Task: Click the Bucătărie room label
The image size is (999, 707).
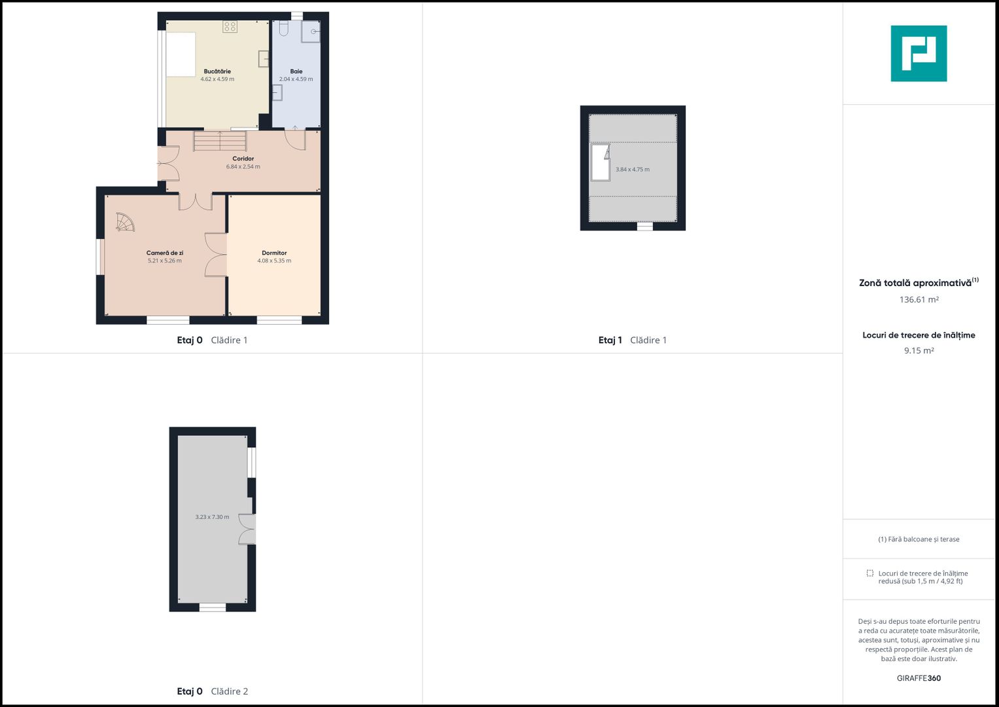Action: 217,71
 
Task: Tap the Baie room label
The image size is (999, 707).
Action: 296,71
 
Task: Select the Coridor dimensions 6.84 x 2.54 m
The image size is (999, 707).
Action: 243,166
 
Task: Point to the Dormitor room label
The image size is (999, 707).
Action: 274,253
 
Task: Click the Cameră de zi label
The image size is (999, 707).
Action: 165,253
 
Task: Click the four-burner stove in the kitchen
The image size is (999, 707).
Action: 230,27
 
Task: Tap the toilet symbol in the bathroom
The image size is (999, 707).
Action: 284,29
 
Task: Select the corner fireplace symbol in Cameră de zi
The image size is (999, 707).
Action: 124,222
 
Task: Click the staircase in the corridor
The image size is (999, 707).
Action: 220,141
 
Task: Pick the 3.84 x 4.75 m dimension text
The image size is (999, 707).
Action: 633,170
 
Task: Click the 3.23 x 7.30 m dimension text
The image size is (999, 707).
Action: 212,517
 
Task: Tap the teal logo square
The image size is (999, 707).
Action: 919,54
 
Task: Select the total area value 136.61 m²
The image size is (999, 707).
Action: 919,300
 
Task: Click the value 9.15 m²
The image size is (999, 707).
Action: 919,350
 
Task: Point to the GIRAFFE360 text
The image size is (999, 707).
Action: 919,678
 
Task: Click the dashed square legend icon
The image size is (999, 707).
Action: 870,573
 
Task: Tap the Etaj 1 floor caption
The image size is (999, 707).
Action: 610,340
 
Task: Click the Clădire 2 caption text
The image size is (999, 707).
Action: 229,691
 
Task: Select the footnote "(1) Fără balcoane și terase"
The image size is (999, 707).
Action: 919,539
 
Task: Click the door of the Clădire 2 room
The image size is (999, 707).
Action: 247,530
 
